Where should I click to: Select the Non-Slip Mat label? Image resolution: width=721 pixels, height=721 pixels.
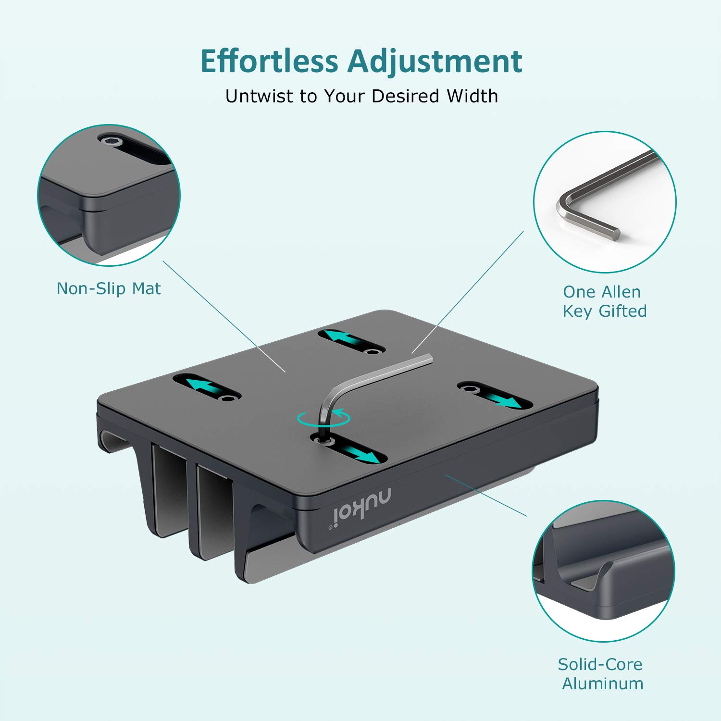[x=109, y=288]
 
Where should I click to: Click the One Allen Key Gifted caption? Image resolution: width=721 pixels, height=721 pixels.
[x=604, y=301]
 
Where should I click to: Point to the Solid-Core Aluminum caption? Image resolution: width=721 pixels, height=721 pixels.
[x=601, y=673]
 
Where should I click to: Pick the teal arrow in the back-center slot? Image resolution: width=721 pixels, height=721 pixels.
[x=342, y=337]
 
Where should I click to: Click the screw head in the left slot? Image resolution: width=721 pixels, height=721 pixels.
[x=229, y=398]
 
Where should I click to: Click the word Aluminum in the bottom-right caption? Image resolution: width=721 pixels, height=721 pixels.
[x=603, y=683]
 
